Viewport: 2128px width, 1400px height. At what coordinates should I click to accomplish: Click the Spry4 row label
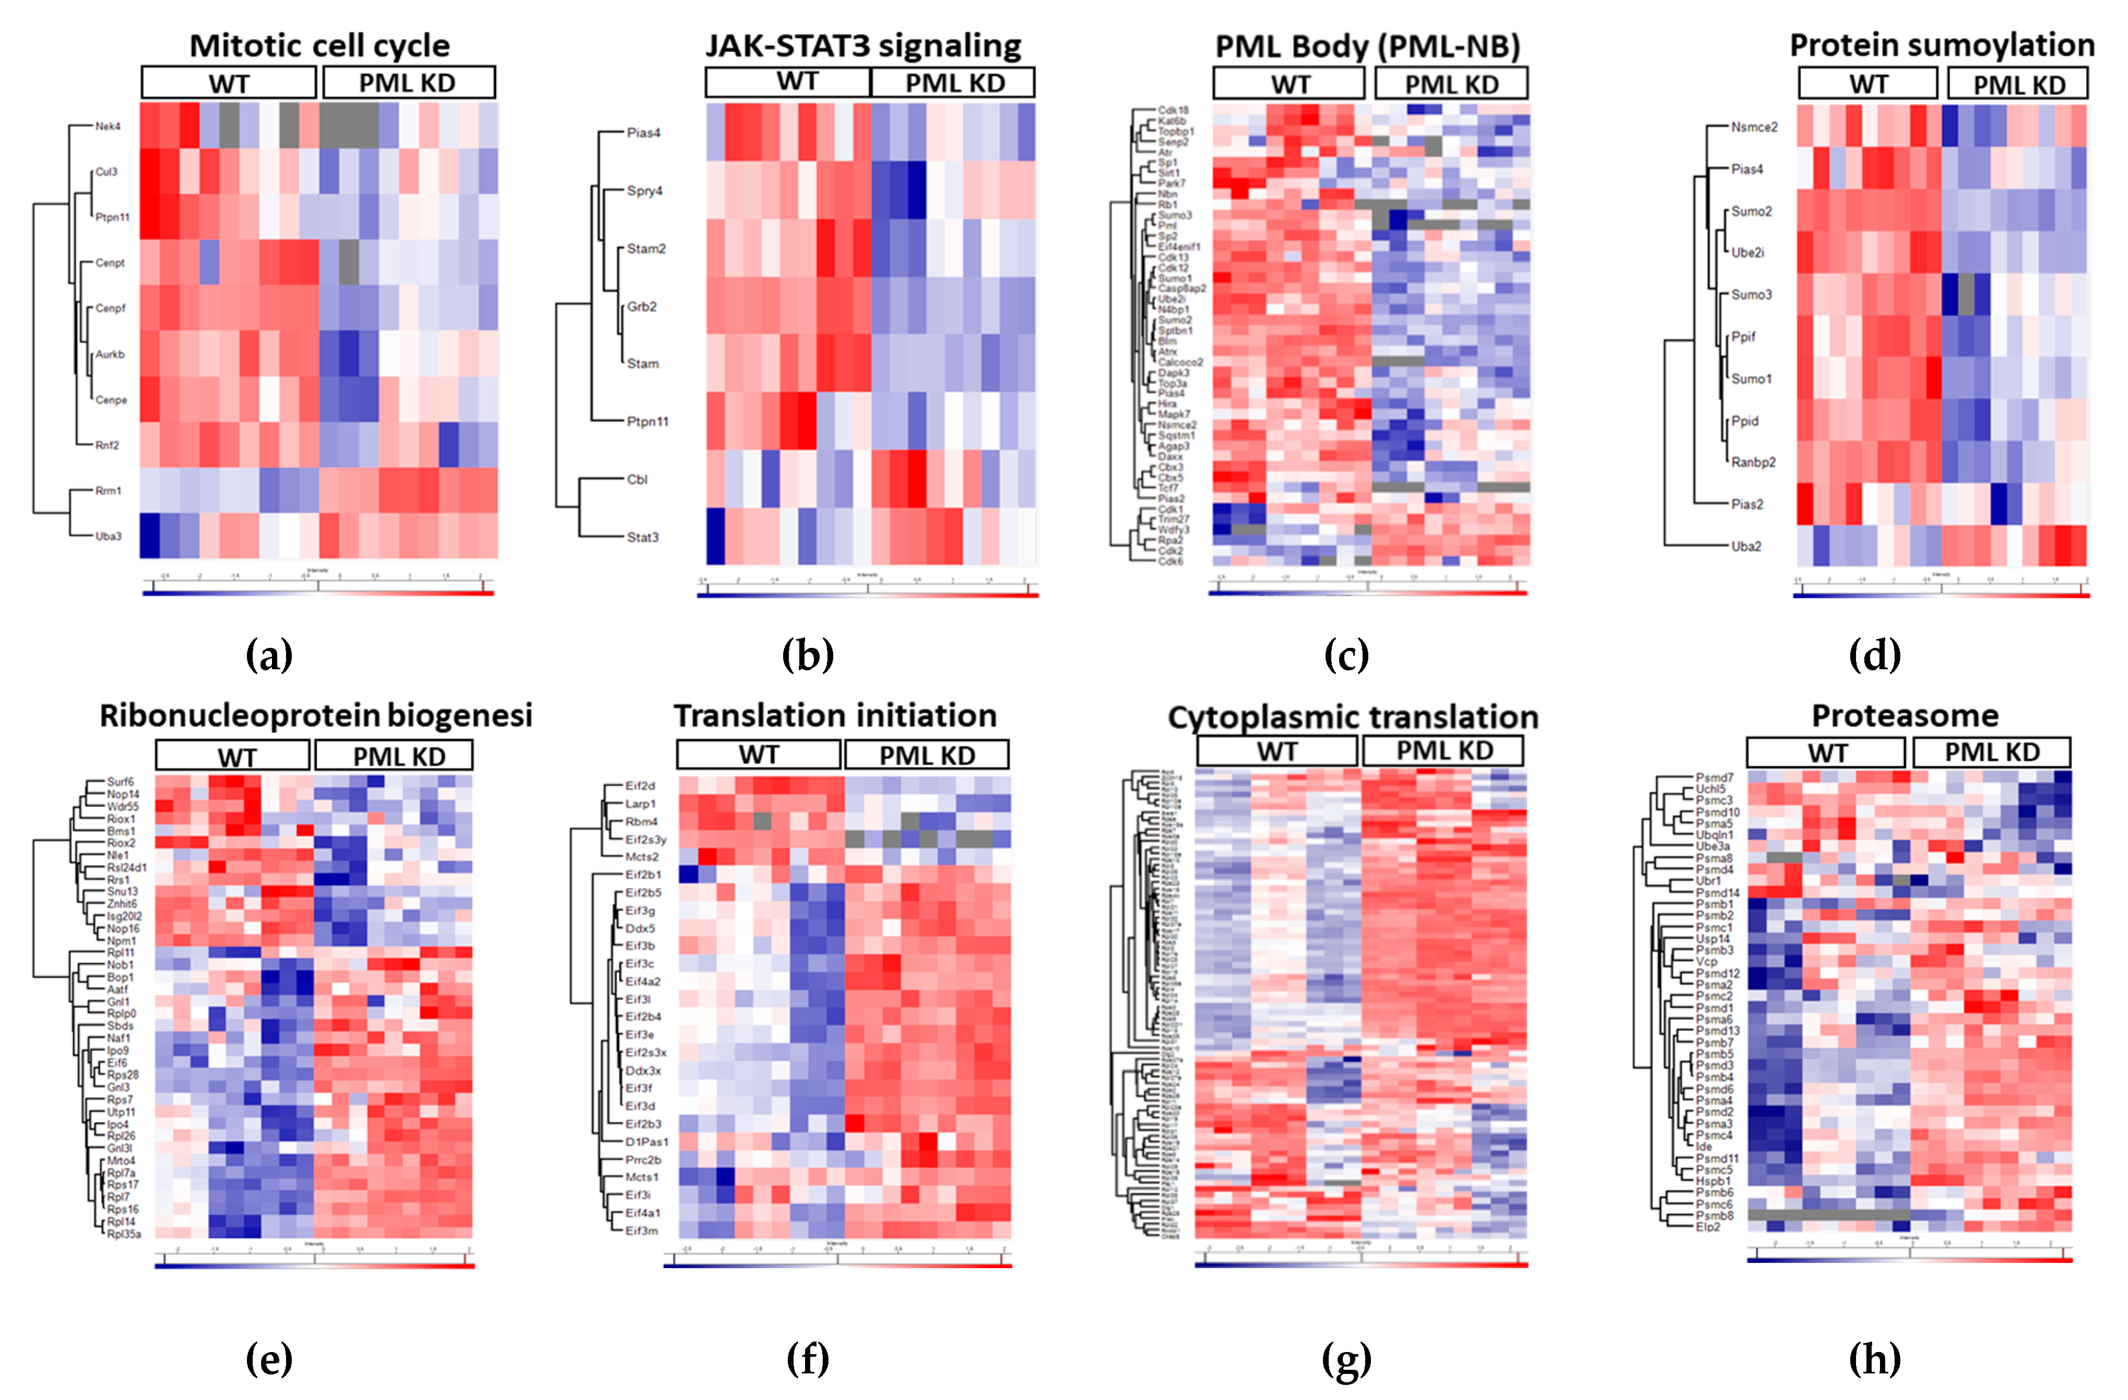(x=645, y=191)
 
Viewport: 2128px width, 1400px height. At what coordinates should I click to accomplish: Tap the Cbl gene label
(x=637, y=480)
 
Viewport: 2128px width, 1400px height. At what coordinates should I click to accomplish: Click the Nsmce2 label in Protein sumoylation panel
(x=1753, y=127)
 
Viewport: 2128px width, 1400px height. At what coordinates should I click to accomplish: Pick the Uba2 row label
(x=1746, y=546)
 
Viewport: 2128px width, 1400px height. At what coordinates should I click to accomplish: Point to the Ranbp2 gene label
(x=1752, y=462)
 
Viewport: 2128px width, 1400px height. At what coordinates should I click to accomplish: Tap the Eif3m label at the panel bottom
(x=641, y=1231)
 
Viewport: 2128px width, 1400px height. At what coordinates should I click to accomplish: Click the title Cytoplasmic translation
(x=1352, y=717)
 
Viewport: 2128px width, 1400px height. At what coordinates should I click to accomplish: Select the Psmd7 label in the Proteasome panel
(x=1714, y=777)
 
